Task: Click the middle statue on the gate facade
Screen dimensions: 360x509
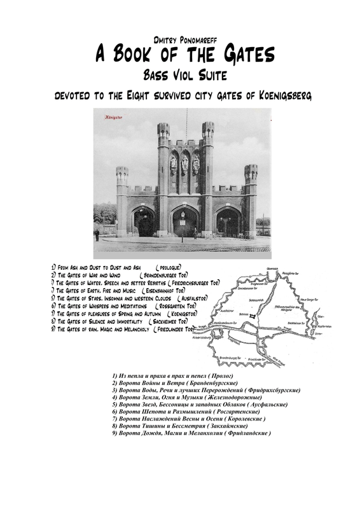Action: click(184, 164)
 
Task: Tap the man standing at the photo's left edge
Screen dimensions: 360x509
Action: click(97, 234)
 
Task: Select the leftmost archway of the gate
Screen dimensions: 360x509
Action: click(144, 221)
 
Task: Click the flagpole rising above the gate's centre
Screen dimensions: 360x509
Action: click(186, 124)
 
